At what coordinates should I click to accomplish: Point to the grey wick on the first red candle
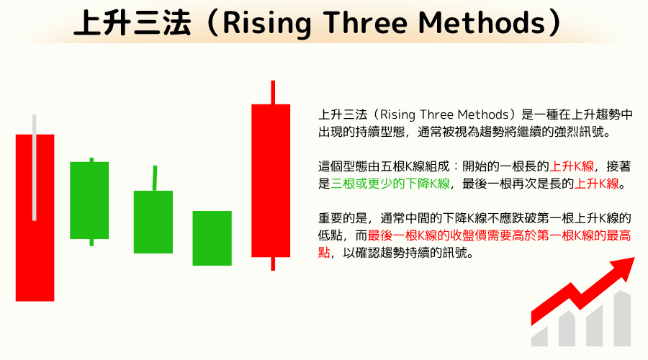point(35,166)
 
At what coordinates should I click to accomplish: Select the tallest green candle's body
point(89,200)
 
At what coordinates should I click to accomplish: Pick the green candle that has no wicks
point(212,238)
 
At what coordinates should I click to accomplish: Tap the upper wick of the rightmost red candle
point(273,92)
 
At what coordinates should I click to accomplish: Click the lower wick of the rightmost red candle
point(273,264)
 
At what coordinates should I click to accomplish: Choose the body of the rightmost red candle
point(271,180)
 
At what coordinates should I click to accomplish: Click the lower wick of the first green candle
point(91,243)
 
